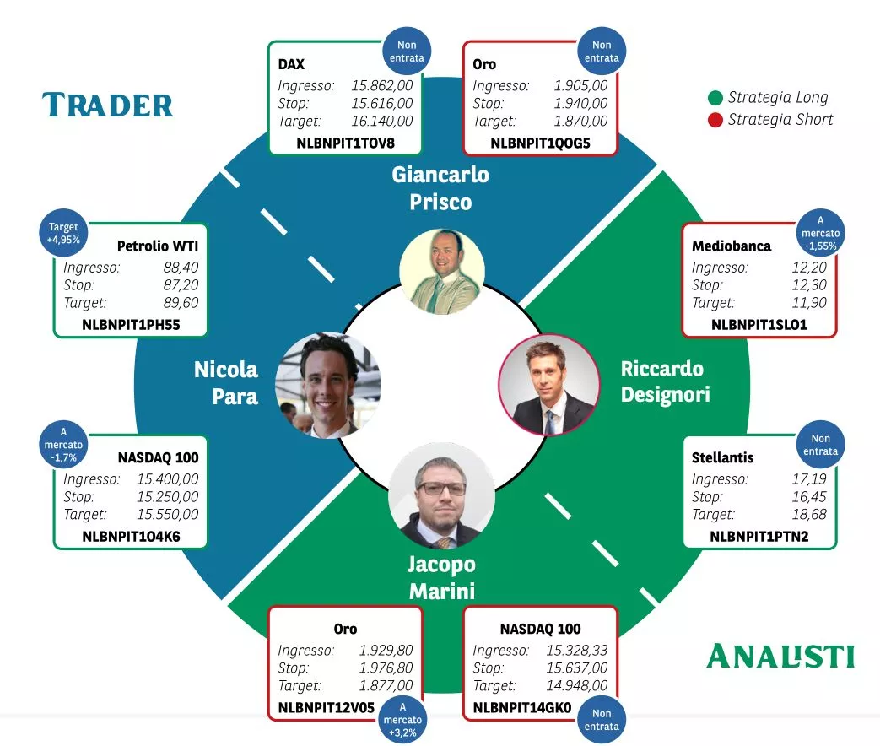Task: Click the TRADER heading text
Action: click(108, 105)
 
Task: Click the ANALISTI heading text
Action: click(780, 656)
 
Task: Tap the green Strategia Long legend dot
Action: click(715, 98)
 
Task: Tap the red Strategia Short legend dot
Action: click(715, 120)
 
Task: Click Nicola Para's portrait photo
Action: click(329, 384)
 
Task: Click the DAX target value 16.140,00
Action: click(382, 122)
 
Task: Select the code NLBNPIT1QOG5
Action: click(540, 143)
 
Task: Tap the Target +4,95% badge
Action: click(64, 233)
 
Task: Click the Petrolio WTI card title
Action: click(158, 246)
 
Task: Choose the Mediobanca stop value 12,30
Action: click(810, 285)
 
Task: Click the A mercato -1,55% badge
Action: click(820, 232)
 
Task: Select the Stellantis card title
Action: click(722, 457)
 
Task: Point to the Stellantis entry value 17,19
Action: click(810, 478)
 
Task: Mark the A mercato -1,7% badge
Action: click(64, 444)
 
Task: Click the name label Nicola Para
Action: click(226, 382)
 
